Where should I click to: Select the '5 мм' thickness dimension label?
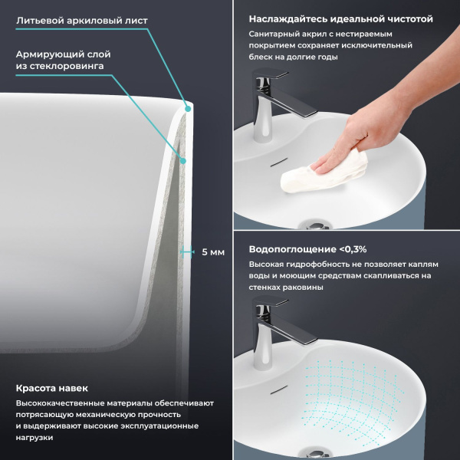[212, 251]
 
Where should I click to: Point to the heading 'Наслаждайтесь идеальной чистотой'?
[340, 18]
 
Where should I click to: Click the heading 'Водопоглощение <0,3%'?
[307, 249]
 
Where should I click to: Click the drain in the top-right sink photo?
[314, 225]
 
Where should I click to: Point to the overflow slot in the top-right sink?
[277, 163]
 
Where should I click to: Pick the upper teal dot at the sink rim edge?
[188, 109]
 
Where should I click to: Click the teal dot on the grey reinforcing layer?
[183, 160]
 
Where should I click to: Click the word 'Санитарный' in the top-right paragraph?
[273, 34]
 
